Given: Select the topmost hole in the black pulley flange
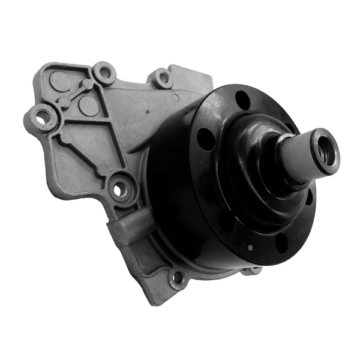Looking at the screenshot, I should pos(243,100).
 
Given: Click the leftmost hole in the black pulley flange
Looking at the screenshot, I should pos(206,140).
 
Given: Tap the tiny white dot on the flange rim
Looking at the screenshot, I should pos(250,247).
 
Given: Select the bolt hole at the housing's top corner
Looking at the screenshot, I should pos(104,73).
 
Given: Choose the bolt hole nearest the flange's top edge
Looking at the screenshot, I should pos(162,77).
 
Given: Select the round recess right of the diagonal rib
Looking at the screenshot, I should pos(88,106).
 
